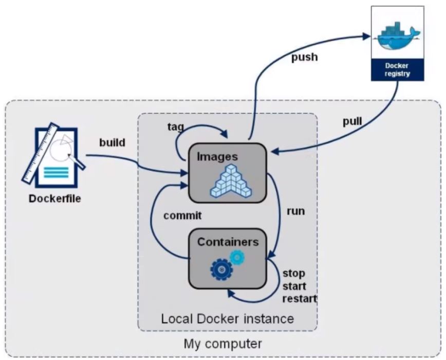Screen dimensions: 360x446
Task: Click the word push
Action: coord(304,57)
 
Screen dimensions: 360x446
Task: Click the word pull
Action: coord(352,122)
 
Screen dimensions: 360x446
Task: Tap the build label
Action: coord(112,142)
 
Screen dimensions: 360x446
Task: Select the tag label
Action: coord(176,126)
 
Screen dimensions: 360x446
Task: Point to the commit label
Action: coord(182,215)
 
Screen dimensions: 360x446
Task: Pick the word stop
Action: coord(294,273)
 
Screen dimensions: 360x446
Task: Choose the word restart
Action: coord(300,298)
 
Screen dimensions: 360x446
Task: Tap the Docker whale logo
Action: coord(398,38)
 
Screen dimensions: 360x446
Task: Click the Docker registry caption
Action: coord(398,70)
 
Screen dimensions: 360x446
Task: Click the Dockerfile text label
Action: coord(55,198)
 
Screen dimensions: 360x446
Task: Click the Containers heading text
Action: coord(228,241)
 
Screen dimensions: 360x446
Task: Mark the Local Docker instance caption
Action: coord(228,318)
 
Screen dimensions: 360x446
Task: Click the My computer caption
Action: coord(222,343)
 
